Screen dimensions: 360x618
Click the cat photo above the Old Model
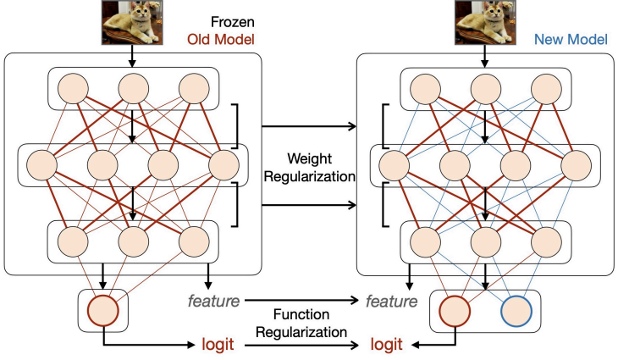pyautogui.click(x=131, y=22)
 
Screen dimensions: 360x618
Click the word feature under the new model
pyautogui.click(x=390, y=300)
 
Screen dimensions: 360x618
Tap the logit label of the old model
pyautogui.click(x=218, y=346)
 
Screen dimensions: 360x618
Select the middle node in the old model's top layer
pyautogui.click(x=132, y=89)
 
